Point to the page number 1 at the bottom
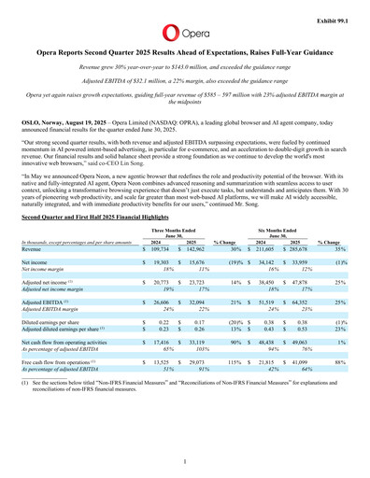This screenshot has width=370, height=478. (185, 460)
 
